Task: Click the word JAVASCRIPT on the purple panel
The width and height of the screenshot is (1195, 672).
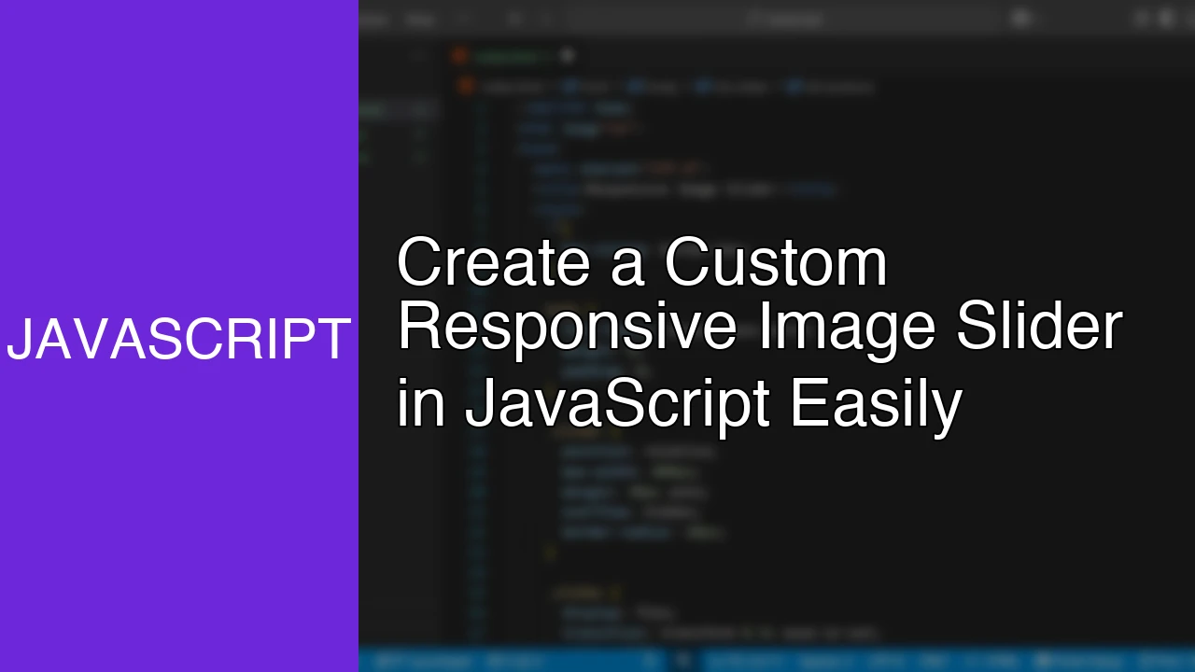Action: pos(178,340)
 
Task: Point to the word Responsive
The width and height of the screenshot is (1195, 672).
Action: pos(569,328)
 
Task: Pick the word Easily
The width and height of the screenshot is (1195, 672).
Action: pos(876,405)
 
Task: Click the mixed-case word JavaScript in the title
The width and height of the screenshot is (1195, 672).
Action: pos(617,405)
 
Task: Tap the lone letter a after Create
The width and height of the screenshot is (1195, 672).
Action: pos(627,265)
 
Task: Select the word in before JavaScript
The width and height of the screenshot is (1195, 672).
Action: pos(421,405)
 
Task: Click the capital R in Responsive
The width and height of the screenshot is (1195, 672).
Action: pos(415,326)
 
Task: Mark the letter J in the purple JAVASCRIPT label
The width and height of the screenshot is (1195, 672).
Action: pos(20,340)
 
